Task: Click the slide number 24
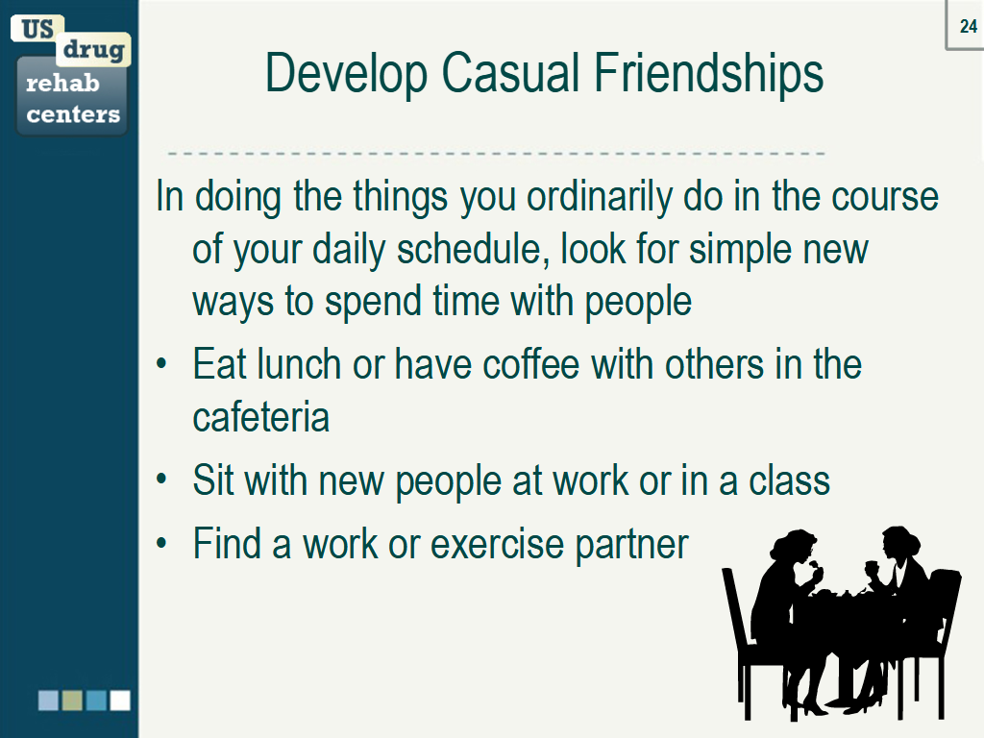(x=968, y=27)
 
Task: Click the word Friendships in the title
(x=707, y=73)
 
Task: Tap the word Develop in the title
(x=347, y=75)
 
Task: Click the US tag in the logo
(x=37, y=29)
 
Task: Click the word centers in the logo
(x=73, y=115)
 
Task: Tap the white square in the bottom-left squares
(x=119, y=700)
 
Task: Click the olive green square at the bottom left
(x=72, y=700)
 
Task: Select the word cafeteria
(x=260, y=417)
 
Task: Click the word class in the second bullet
(x=791, y=480)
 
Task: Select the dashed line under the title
(x=496, y=154)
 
